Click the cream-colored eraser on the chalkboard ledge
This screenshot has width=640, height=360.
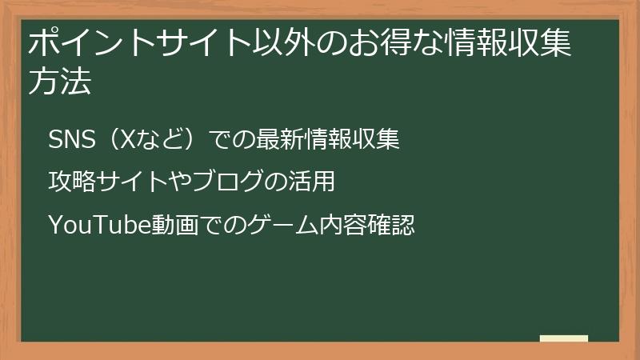click(564, 338)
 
